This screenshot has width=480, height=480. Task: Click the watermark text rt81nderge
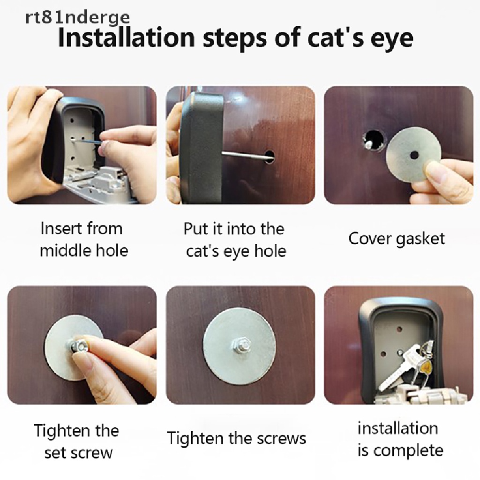click(x=77, y=17)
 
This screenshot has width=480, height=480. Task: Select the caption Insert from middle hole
click(x=83, y=240)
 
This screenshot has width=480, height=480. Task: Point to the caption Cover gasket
click(x=397, y=239)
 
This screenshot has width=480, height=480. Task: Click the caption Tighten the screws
click(x=236, y=438)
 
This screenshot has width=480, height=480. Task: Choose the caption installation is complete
click(x=400, y=439)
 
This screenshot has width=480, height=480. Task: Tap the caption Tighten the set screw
click(x=76, y=442)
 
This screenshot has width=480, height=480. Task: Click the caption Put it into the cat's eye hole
click(x=235, y=240)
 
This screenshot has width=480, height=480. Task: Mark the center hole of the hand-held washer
click(x=414, y=156)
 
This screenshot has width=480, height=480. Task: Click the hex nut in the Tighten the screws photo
click(x=239, y=345)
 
